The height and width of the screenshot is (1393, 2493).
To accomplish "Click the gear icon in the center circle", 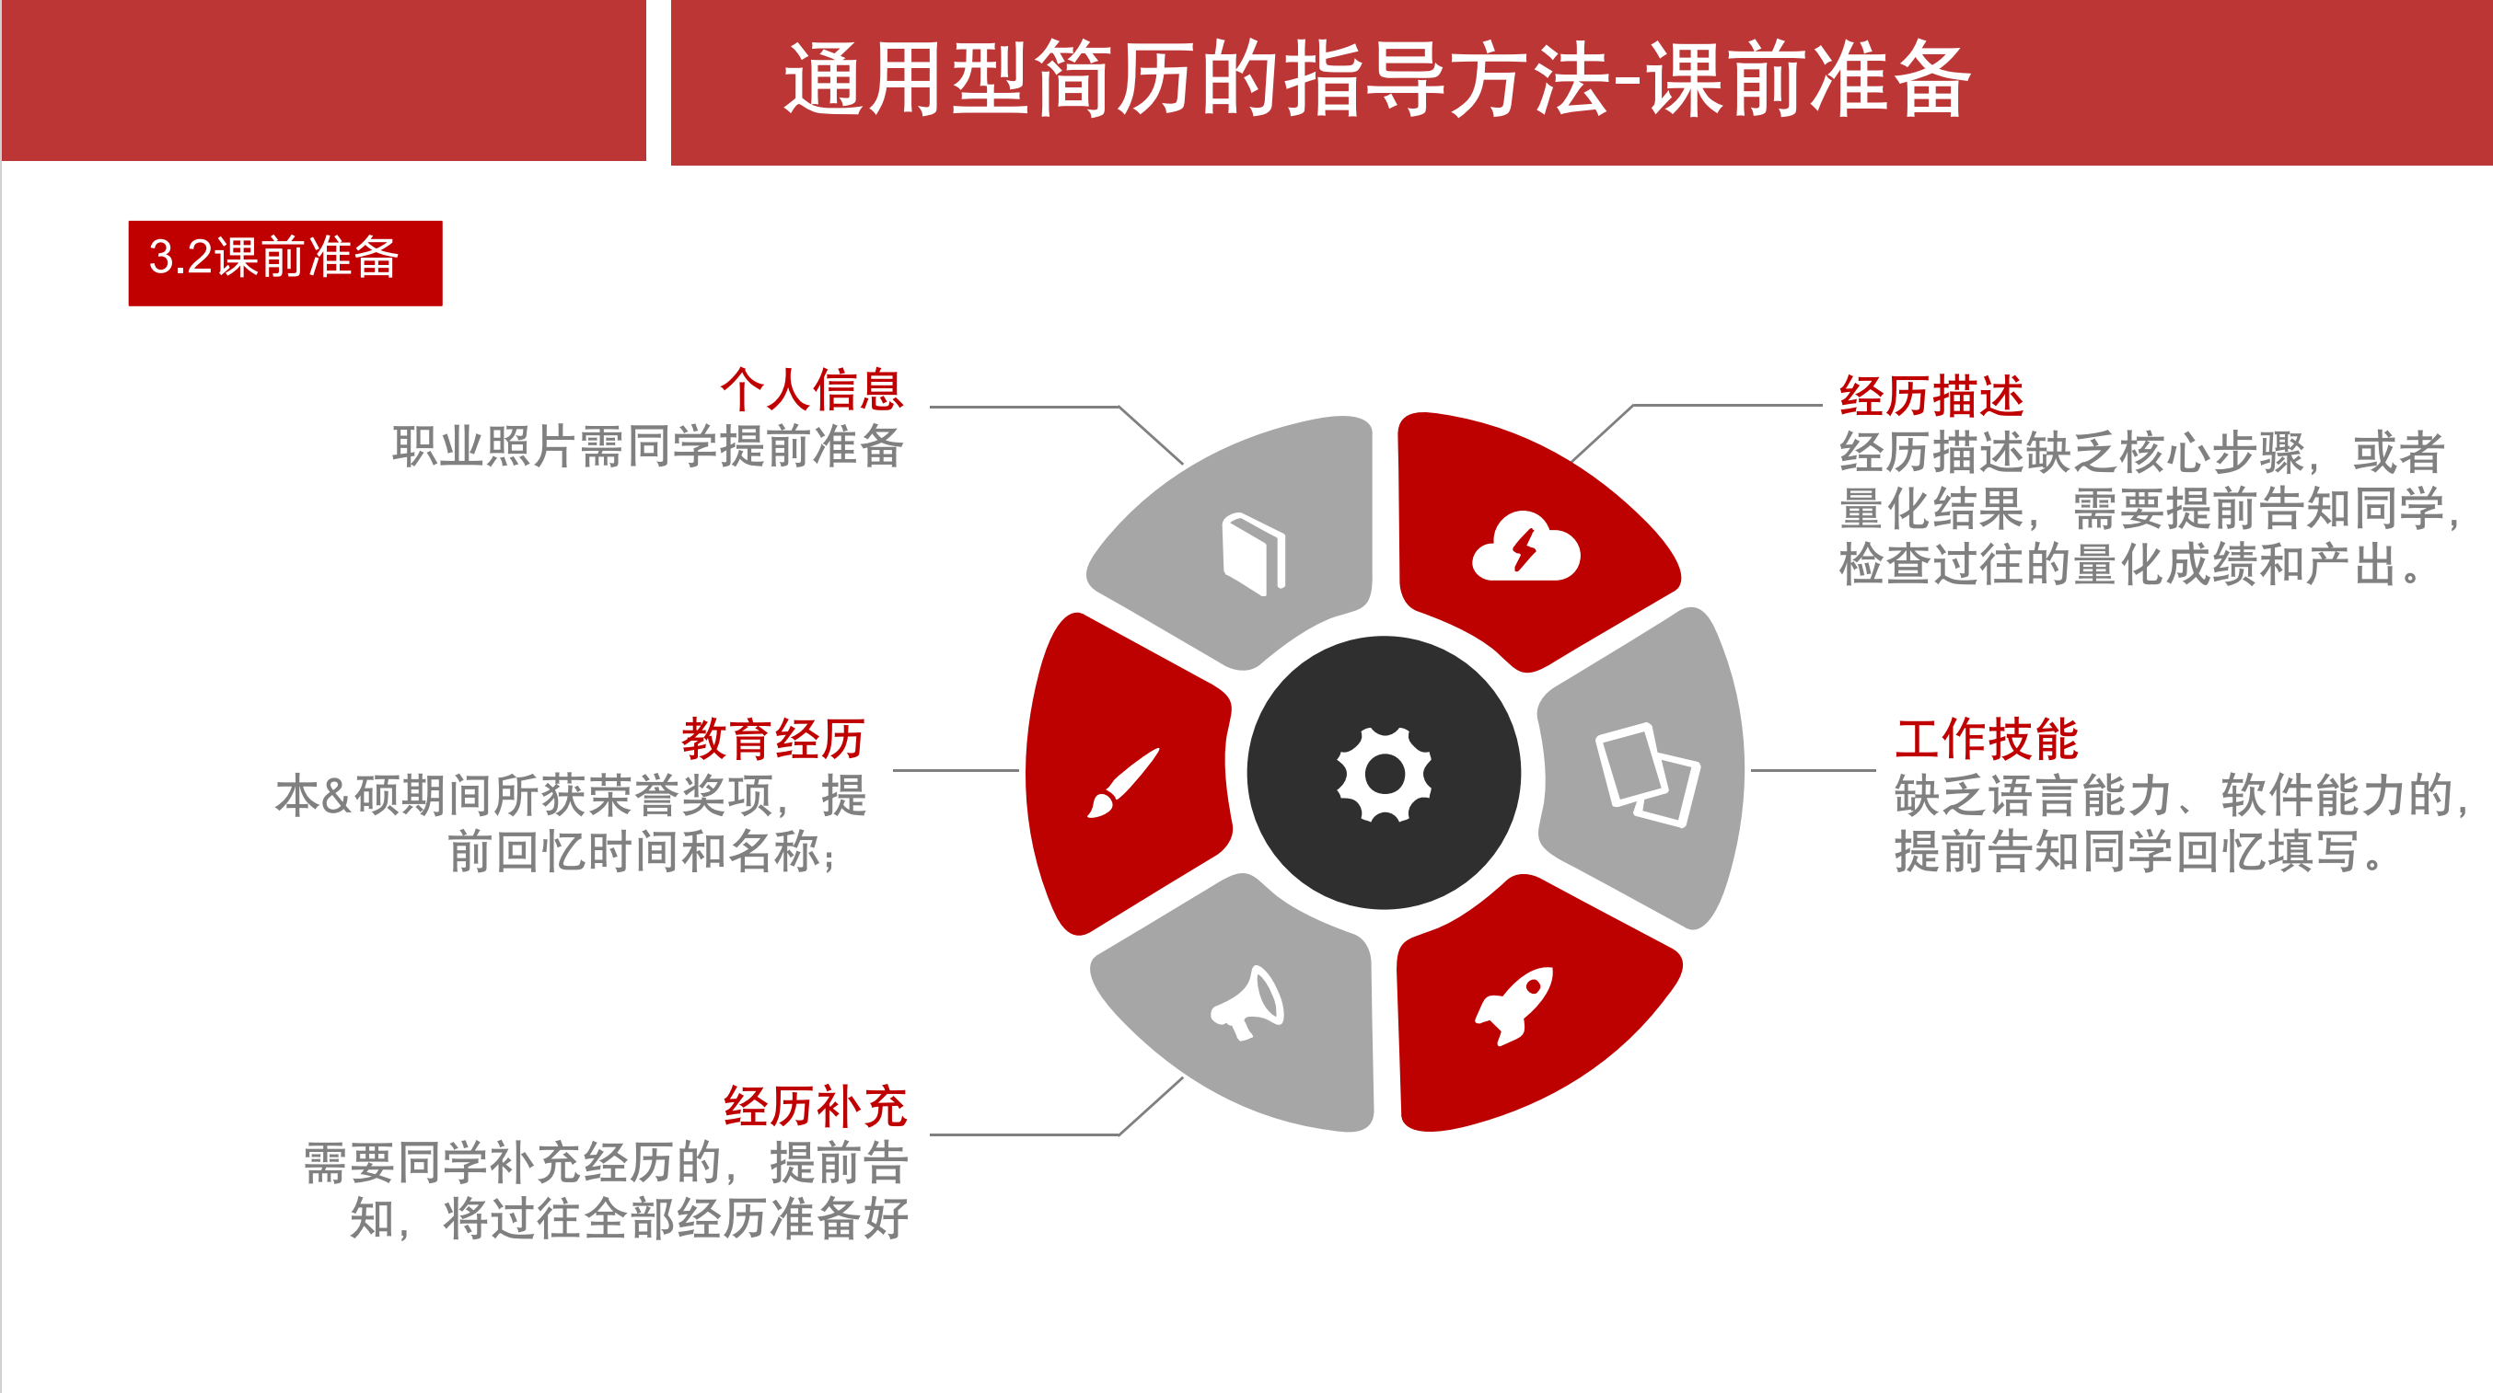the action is point(1384,774).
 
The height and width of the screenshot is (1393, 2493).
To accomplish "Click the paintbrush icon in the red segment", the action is point(1122,783).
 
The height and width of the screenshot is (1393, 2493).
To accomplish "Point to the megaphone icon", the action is point(1247,1002).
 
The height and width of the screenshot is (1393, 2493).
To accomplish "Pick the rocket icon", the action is point(1514,1005).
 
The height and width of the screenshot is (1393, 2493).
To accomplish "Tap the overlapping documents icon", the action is point(1647,774).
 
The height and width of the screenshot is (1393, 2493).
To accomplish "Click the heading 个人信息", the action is point(812,390).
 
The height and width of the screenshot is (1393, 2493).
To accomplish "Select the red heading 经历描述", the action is point(1931,396).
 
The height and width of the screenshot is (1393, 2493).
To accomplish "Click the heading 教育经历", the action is point(773,739).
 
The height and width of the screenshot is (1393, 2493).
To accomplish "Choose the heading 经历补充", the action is point(816,1106).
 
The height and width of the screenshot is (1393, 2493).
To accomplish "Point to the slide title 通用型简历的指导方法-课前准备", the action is point(1377,79).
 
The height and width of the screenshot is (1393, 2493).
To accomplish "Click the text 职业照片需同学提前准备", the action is point(647,446).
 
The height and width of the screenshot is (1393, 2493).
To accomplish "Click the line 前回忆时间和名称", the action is point(643,851).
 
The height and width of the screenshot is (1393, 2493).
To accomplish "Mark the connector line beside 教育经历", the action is point(956,770).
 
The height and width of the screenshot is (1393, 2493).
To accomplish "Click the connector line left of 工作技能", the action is point(1813,770).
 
